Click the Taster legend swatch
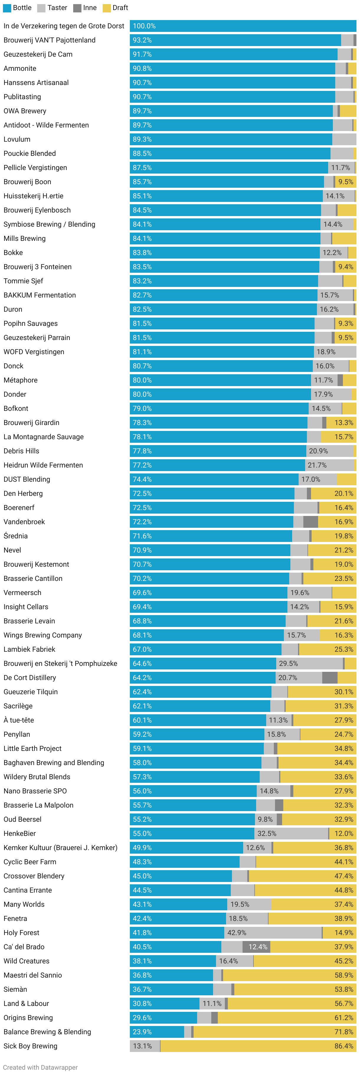pyautogui.click(x=41, y=8)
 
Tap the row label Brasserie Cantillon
pyautogui.click(x=33, y=579)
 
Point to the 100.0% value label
pyautogui.click(x=144, y=26)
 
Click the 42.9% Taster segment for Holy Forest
pyautogui.click(x=273, y=933)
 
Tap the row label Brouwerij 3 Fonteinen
pyautogui.click(x=37, y=267)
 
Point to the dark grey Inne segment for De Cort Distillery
pyautogui.click(x=330, y=678)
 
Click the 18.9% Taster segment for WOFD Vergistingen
pyautogui.click(x=335, y=352)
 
